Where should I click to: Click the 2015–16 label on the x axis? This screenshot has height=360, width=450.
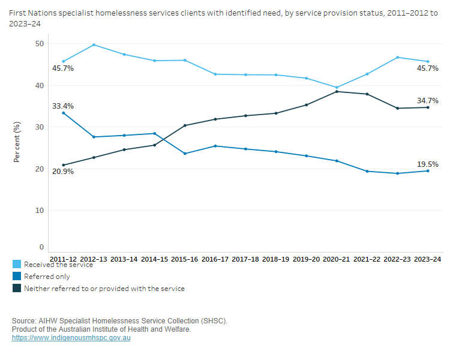tap(185, 259)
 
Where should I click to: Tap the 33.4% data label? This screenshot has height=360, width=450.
tap(63, 106)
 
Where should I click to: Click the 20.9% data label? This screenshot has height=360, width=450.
tap(63, 172)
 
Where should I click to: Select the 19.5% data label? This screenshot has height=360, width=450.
tap(428, 164)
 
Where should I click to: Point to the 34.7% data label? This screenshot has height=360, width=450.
tap(428, 100)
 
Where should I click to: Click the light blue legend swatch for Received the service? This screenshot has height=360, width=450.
tap(17, 265)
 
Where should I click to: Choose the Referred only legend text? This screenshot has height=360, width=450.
tap(47, 277)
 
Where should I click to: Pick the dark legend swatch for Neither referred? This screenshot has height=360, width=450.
tap(17, 289)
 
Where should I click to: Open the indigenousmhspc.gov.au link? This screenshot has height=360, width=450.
tap(71, 338)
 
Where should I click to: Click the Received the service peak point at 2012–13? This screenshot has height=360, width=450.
tap(94, 45)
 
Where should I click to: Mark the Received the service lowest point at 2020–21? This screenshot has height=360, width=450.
tap(337, 88)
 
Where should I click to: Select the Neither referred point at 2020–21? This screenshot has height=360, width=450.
tap(337, 91)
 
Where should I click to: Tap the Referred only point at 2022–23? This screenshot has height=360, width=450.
tap(398, 173)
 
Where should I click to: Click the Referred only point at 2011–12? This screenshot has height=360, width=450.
tap(64, 113)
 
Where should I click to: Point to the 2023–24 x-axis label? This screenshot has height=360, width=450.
tap(428, 259)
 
